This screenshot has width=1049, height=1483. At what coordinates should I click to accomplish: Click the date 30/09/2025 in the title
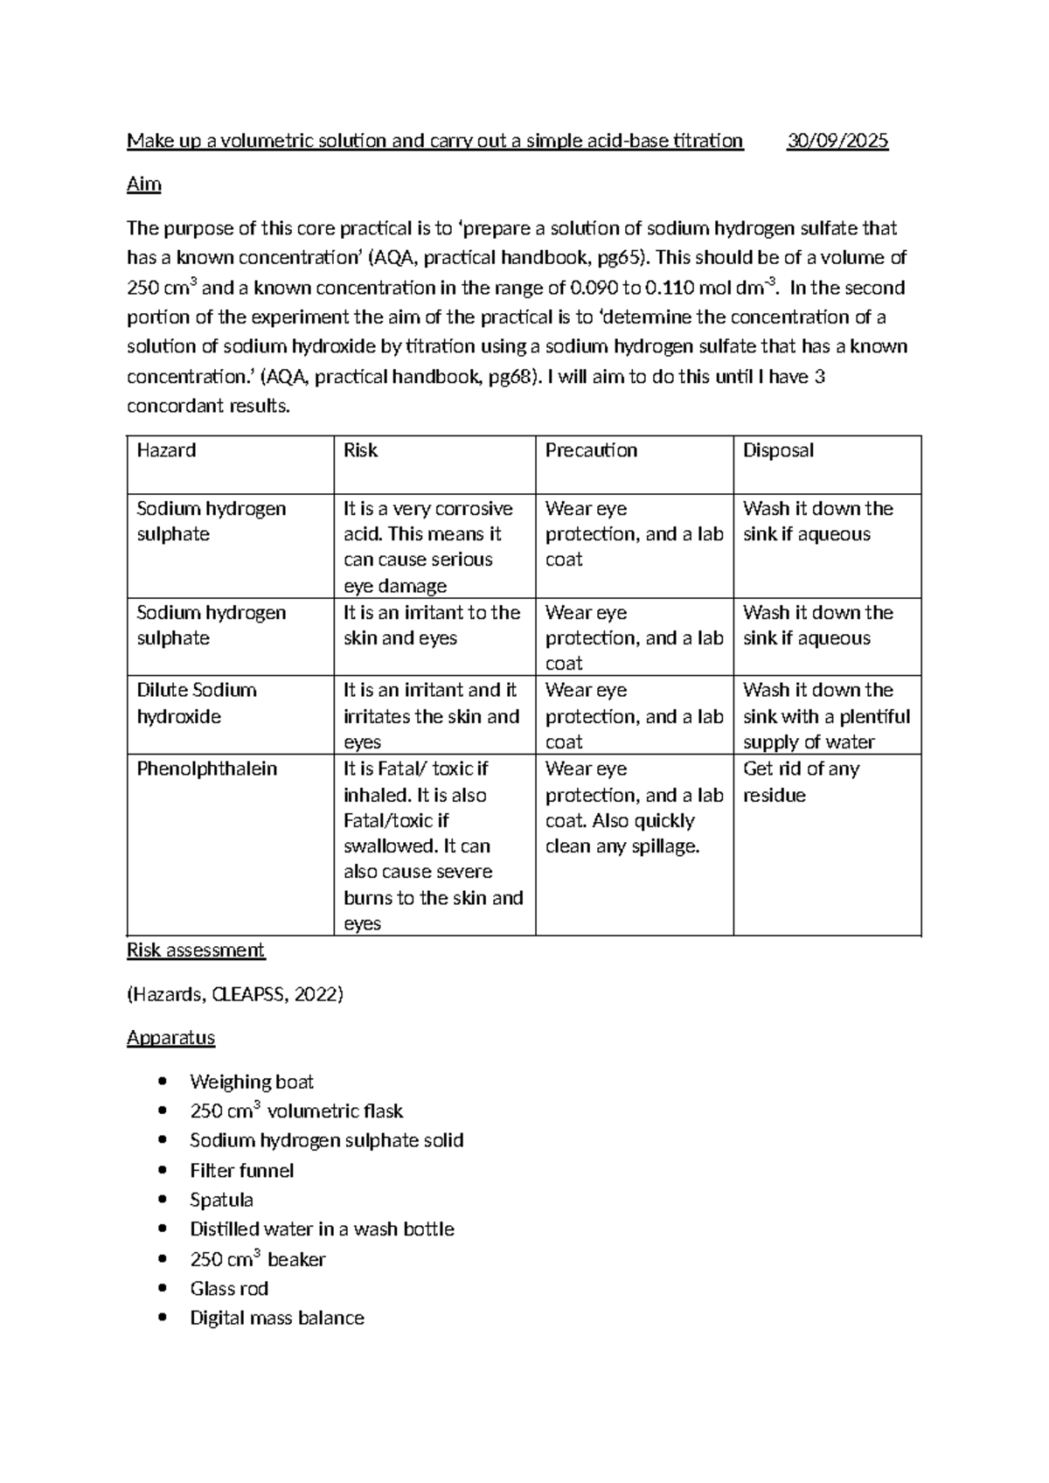tap(837, 141)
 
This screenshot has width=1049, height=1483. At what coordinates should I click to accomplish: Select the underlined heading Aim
tap(144, 185)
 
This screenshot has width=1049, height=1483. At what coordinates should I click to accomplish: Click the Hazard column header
tap(166, 450)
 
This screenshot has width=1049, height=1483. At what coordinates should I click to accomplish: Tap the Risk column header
tap(360, 450)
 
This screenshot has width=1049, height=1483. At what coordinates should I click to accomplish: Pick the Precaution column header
tap(591, 450)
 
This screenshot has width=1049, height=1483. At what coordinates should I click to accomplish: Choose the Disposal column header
tap(778, 450)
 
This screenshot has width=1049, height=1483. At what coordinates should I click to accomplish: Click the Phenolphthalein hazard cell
tap(207, 769)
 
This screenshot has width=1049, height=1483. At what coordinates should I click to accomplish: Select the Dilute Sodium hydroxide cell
tap(197, 703)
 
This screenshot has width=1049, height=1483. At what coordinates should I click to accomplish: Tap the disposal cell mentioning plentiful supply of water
tap(826, 716)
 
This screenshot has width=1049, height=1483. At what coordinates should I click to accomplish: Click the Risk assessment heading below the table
tap(196, 950)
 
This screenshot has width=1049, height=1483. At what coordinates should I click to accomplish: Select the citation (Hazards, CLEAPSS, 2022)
tap(235, 994)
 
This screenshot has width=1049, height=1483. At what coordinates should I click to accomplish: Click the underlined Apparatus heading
tap(170, 1038)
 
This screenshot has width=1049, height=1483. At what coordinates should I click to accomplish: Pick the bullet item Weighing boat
tap(252, 1083)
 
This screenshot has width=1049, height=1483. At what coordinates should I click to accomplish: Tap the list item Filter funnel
tap(242, 1171)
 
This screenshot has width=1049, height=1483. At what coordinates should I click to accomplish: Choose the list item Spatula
tap(222, 1201)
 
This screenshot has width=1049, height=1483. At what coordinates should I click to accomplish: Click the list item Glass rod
tap(229, 1289)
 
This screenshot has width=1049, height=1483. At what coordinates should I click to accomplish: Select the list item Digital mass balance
tap(277, 1319)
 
